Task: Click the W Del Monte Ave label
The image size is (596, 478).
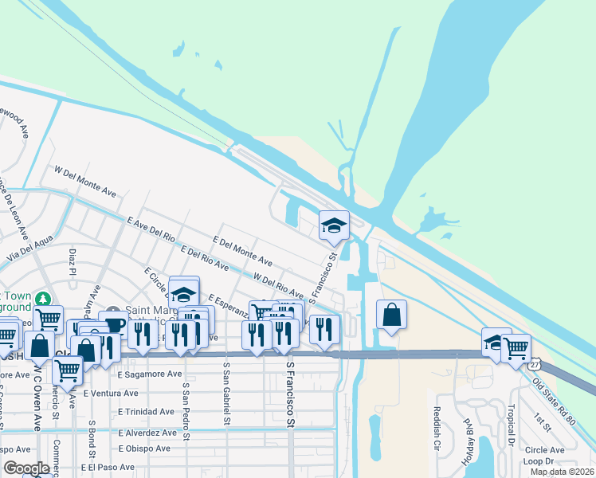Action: click(x=85, y=181)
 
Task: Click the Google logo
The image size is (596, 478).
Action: click(x=26, y=468)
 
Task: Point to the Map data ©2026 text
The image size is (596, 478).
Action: click(x=561, y=472)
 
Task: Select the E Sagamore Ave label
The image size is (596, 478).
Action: click(x=149, y=374)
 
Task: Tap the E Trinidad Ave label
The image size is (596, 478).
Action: click(x=146, y=412)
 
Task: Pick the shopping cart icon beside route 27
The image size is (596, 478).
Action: click(x=516, y=347)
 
